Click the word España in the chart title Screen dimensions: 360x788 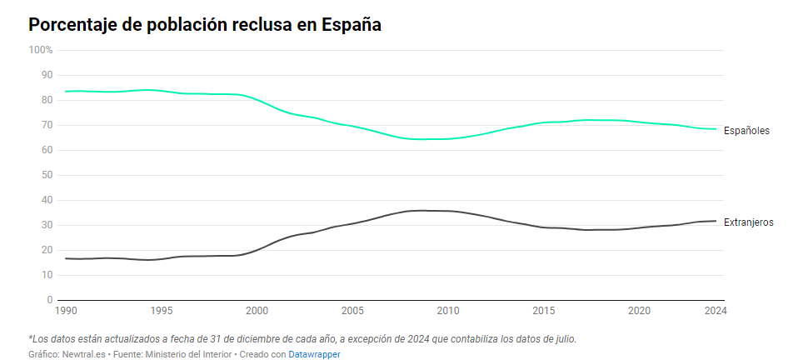click(351, 25)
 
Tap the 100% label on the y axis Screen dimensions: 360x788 click(41, 50)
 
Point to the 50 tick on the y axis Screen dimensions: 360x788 click(47, 175)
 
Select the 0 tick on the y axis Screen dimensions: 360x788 click(50, 300)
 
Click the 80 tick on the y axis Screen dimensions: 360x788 click(47, 100)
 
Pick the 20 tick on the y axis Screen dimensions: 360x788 click(47, 250)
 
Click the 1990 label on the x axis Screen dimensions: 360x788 click(66, 311)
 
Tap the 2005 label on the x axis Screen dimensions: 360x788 click(353, 311)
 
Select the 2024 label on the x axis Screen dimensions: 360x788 click(716, 311)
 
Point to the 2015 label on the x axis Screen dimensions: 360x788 click(544, 311)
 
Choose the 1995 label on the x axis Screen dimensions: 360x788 click(162, 311)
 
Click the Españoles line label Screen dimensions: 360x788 click(746, 131)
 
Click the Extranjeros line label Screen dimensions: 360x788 click(749, 222)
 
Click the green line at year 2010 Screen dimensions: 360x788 click(448, 138)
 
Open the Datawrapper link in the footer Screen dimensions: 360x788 click(315, 354)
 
